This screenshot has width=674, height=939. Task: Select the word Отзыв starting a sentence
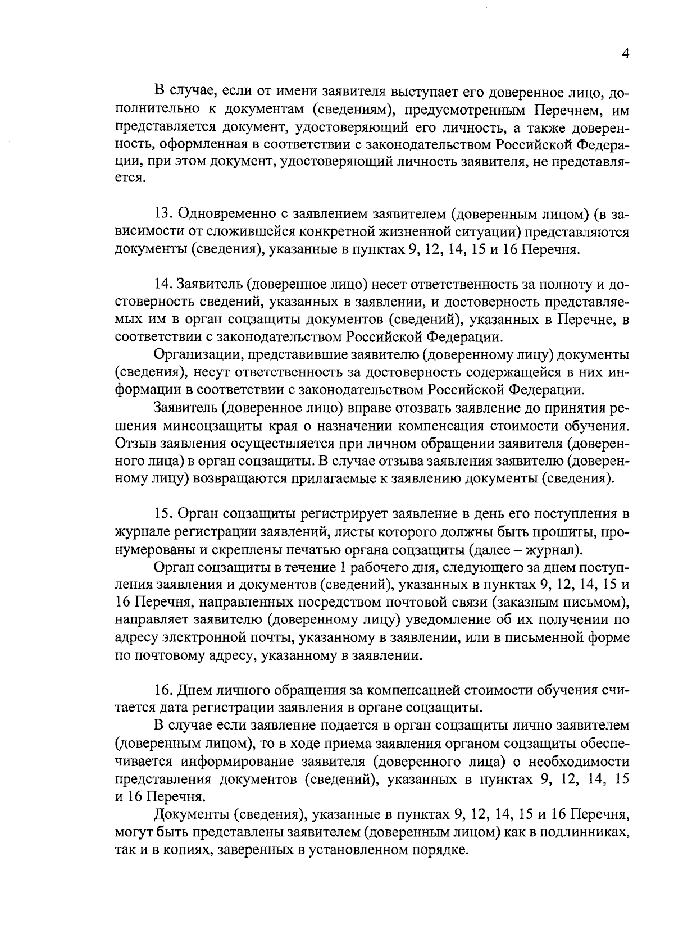pos(135,443)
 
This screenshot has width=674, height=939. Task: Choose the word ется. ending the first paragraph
pos(130,179)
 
